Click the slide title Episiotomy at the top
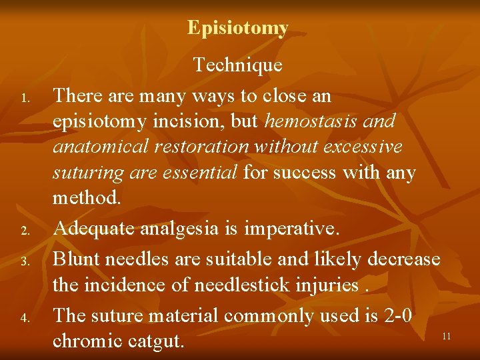point(238,28)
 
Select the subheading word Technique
point(238,65)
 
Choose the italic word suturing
point(86,173)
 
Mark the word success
point(305,173)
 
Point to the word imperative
point(291,229)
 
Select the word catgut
point(155,341)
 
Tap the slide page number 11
point(446,337)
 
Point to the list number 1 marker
point(23,100)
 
